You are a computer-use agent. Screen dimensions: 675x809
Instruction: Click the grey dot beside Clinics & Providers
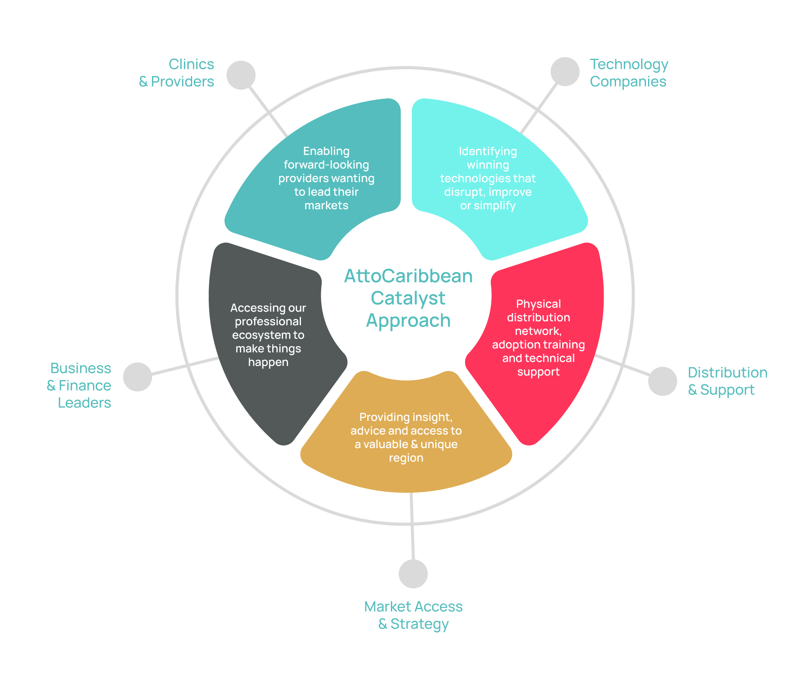click(241, 75)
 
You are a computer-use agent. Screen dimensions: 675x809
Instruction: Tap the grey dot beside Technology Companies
click(565, 72)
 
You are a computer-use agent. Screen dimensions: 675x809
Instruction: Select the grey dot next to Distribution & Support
click(663, 381)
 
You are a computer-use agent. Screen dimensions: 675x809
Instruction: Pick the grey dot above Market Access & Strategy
click(413, 574)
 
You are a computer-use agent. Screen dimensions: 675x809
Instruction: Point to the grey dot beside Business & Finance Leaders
click(138, 377)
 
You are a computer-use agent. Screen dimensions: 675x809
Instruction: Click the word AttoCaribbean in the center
click(408, 276)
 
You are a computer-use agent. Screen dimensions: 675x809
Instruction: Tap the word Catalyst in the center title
click(408, 299)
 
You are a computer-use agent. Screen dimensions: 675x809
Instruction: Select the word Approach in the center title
click(408, 321)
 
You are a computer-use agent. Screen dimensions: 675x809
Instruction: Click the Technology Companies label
click(629, 73)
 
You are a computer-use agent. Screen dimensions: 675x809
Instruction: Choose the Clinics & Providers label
click(177, 73)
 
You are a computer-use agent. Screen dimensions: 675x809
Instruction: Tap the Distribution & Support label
click(727, 381)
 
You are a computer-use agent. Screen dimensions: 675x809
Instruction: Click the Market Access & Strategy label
click(413, 615)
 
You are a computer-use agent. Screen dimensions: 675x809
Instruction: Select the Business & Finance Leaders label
click(80, 386)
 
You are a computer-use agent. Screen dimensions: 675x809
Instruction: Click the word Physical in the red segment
click(538, 304)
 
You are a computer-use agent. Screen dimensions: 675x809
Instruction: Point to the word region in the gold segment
click(406, 458)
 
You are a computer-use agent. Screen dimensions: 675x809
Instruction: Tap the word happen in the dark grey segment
click(268, 362)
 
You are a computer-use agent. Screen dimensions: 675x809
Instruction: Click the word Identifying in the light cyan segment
click(488, 151)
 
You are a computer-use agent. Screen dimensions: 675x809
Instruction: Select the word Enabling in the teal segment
click(326, 151)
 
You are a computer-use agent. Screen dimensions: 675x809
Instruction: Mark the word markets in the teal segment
click(326, 206)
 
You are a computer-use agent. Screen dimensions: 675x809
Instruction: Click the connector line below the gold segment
click(412, 526)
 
